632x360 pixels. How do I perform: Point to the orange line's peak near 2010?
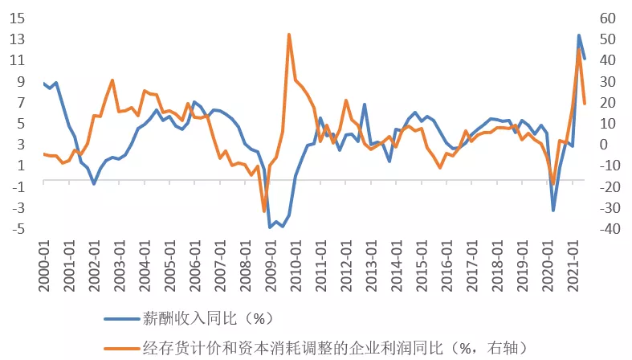coord(289,35)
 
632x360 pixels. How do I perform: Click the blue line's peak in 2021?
coord(578,35)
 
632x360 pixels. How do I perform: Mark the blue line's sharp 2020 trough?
coord(553,211)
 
